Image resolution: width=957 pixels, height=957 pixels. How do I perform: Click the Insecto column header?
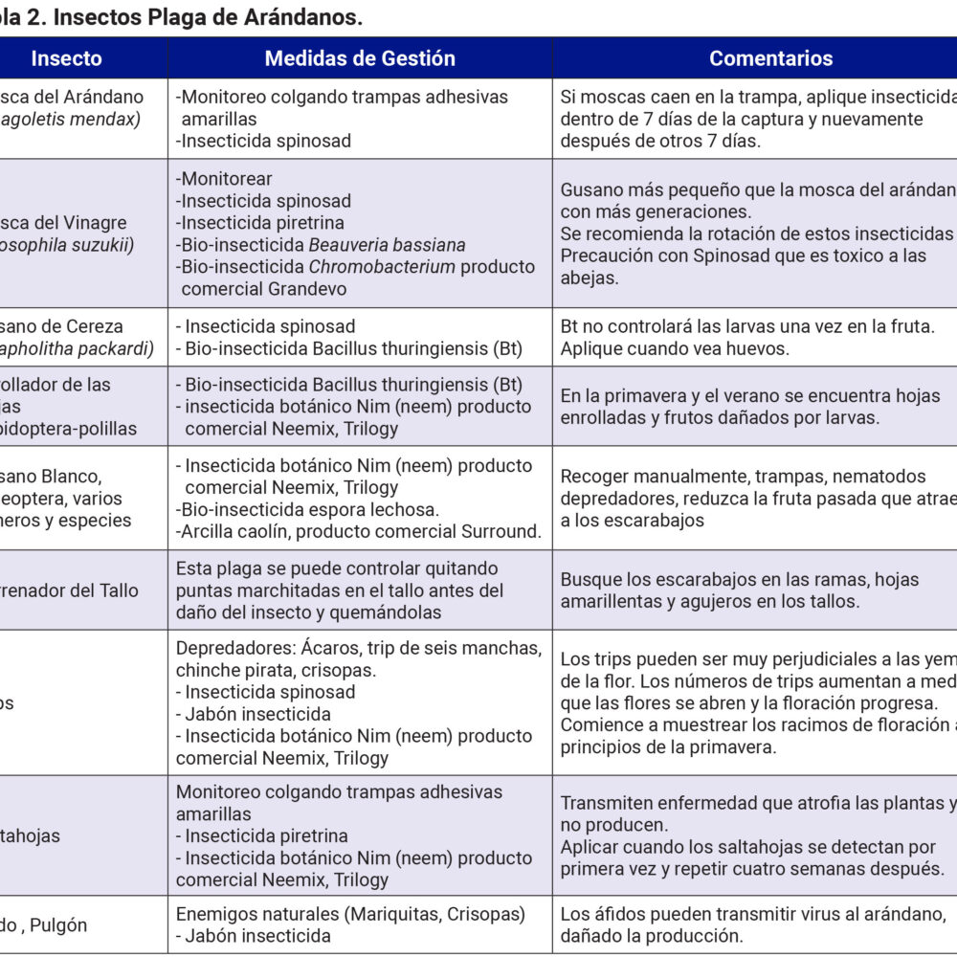[66, 58]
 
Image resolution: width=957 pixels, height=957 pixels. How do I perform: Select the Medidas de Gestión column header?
[360, 58]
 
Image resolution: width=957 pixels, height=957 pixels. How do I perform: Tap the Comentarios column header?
[770, 58]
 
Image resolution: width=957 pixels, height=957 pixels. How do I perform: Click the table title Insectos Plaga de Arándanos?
[182, 16]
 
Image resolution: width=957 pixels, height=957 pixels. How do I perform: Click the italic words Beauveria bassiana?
[387, 245]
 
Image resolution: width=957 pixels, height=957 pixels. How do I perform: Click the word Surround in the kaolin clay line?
[503, 531]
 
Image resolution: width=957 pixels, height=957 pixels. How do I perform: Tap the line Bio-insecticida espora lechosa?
[307, 509]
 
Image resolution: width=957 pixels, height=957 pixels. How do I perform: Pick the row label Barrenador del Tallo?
[72, 590]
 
